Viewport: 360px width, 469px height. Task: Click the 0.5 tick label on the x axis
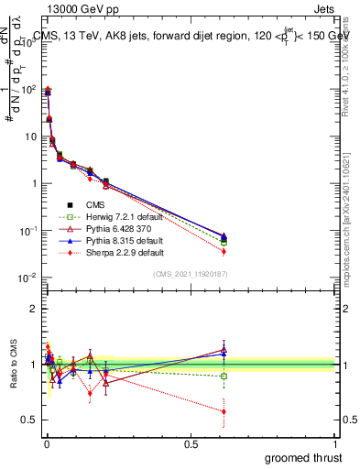point(190,443)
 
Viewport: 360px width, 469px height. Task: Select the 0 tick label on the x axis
point(46,443)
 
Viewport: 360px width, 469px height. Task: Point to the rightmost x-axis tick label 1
point(334,443)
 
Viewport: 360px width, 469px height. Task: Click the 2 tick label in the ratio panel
point(34,309)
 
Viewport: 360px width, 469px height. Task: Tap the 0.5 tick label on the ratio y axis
point(28,420)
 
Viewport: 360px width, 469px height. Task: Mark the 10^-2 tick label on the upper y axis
point(26,278)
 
